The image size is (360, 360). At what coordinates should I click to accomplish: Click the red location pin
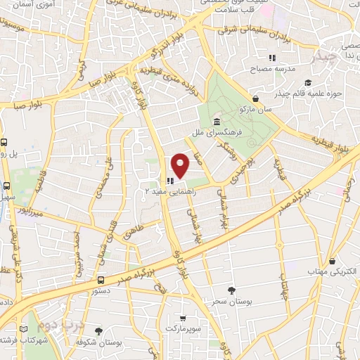click(x=181, y=165)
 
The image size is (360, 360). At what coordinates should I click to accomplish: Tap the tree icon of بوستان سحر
click(x=232, y=290)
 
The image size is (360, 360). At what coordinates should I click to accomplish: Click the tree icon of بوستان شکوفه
click(x=98, y=331)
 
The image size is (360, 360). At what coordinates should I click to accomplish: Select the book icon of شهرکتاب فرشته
click(x=25, y=329)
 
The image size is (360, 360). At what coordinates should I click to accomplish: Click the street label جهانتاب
click(x=285, y=290)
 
